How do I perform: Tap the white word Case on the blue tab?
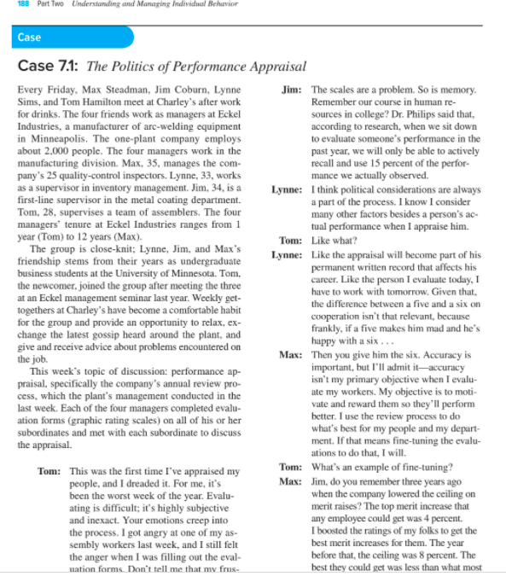pos(29,38)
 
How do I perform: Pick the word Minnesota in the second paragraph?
pos(207,271)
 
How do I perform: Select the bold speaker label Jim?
pos(290,90)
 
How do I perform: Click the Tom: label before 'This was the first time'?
pos(49,471)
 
